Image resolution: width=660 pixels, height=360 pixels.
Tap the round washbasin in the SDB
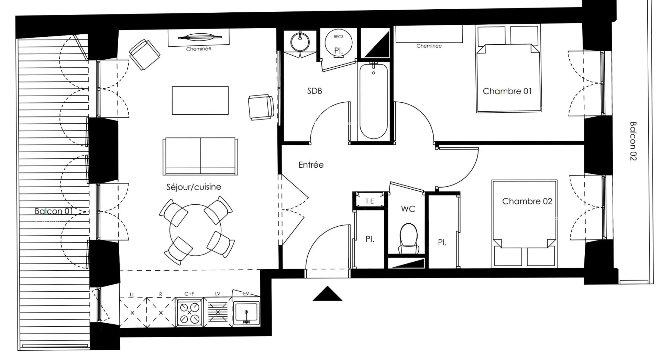tap(300, 42)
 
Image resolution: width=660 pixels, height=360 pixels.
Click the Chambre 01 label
tap(507, 91)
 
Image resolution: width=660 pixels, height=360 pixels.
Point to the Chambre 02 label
tap(527, 201)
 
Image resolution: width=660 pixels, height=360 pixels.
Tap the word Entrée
tap(311, 165)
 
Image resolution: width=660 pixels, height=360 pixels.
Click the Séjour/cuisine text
tap(194, 187)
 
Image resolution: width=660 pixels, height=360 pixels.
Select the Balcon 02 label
tap(633, 141)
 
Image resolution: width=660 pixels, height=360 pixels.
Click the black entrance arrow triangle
tap(327, 294)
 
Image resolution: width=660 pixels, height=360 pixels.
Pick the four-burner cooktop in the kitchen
tap(189, 312)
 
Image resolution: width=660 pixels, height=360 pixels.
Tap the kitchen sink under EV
tap(246, 313)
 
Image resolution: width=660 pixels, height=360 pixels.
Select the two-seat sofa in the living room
tap(200, 156)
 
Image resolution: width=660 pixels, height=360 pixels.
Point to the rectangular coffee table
tap(200, 100)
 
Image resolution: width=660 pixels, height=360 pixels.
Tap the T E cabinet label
tap(370, 201)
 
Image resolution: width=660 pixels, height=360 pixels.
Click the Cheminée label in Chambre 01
tap(429, 46)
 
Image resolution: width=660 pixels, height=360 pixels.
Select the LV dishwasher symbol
tap(218, 312)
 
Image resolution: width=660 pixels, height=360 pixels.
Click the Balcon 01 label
tap(54, 211)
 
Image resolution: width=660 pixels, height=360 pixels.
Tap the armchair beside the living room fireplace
tap(144, 54)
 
